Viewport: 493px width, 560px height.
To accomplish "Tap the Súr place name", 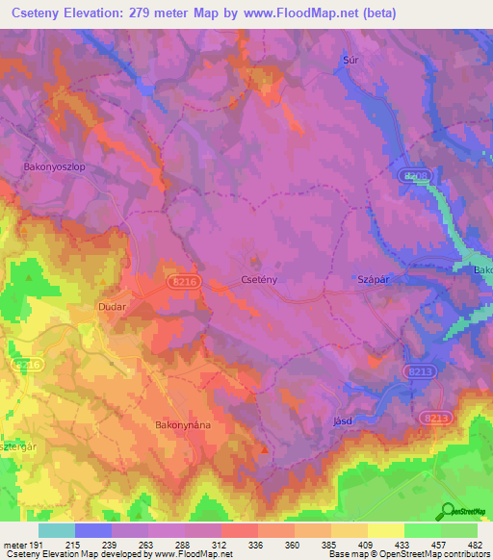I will [x=350, y=60].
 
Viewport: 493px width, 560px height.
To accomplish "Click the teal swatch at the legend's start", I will [x=57, y=530].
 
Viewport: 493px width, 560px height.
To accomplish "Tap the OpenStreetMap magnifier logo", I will [x=448, y=510].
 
